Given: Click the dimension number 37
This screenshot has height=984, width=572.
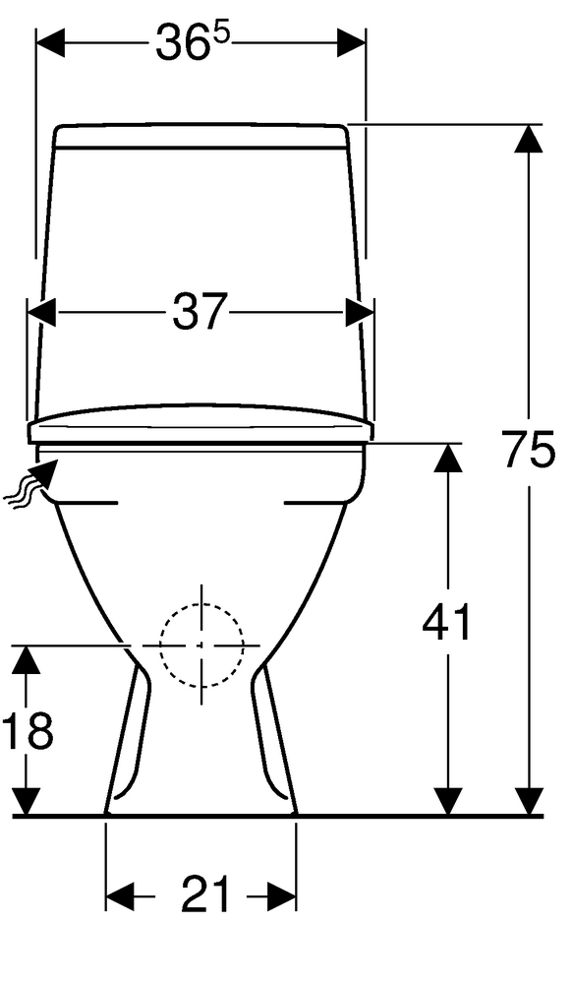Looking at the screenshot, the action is pyautogui.click(x=199, y=312).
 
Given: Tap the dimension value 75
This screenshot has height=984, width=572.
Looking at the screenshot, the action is pyautogui.click(x=530, y=450).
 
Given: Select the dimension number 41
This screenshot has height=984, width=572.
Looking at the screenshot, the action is pyautogui.click(x=446, y=622).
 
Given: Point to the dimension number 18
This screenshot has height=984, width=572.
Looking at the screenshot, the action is pyautogui.click(x=27, y=731).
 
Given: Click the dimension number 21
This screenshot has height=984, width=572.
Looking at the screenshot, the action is pyautogui.click(x=206, y=894).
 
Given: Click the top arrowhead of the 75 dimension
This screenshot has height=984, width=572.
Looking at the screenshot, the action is pyautogui.click(x=530, y=138).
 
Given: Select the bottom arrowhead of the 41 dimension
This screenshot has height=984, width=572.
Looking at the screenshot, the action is pyautogui.click(x=447, y=801).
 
